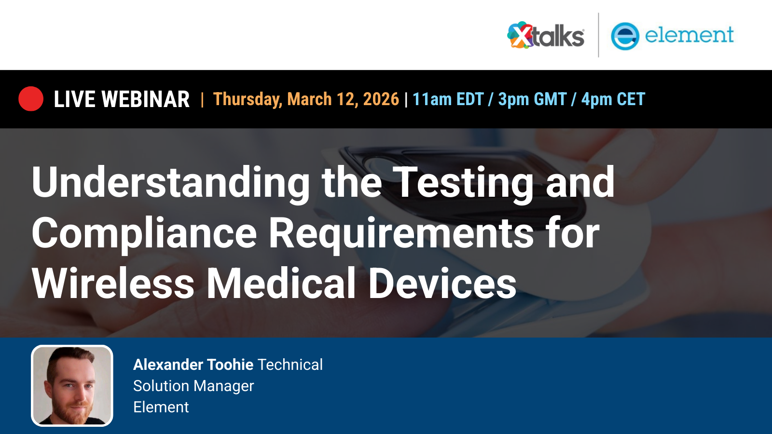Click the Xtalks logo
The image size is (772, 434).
point(546,36)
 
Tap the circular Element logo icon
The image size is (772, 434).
point(625,36)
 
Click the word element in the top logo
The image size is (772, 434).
point(689,35)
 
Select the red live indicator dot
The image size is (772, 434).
point(31,99)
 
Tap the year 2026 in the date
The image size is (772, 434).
point(381,99)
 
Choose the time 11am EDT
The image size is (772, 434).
point(448,99)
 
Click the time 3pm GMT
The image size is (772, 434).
point(532,99)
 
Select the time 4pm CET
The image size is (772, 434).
point(613,99)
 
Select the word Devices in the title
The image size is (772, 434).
point(442,284)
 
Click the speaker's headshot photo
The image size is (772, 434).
point(72,386)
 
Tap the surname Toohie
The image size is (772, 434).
point(230,365)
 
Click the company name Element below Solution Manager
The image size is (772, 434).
point(161,407)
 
